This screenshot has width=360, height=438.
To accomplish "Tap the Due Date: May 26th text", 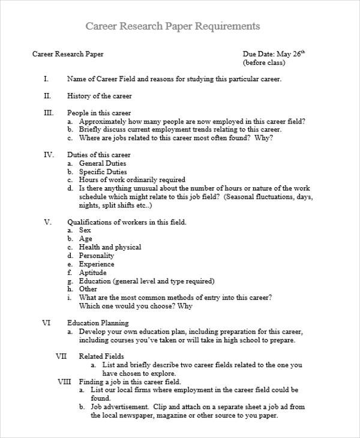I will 274,53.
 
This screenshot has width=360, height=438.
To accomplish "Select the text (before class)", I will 263,62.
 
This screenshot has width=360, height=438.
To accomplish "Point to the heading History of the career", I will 100,96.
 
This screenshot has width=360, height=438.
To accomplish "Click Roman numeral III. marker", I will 48,113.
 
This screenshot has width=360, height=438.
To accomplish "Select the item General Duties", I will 103,163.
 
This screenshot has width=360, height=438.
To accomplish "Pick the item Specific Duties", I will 103,172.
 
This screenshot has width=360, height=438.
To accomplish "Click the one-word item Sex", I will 85,230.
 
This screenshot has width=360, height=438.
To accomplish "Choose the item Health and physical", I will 110,247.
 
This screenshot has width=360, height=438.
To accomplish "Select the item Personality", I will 97,256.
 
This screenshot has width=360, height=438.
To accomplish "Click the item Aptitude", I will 94,272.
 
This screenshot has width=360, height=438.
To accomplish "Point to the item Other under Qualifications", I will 88,289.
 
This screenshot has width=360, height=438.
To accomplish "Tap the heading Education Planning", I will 98,323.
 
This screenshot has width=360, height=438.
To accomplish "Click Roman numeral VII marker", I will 61,356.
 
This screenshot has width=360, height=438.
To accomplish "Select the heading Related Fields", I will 101,356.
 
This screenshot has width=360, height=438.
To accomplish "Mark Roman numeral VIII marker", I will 64,382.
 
